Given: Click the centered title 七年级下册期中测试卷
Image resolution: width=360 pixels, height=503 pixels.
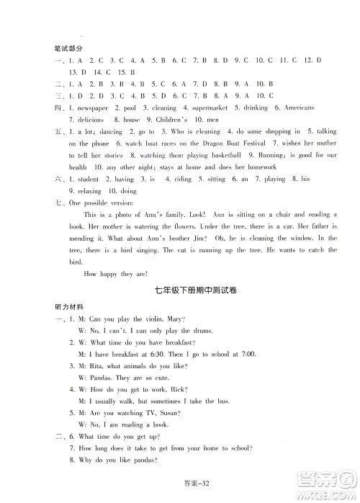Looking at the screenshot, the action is coord(180,290).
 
